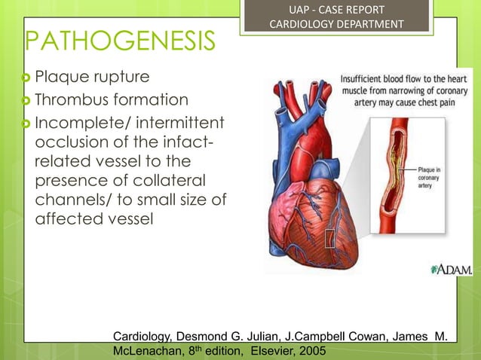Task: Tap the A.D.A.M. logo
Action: click(x=452, y=269)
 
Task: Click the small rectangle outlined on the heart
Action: click(x=329, y=239)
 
